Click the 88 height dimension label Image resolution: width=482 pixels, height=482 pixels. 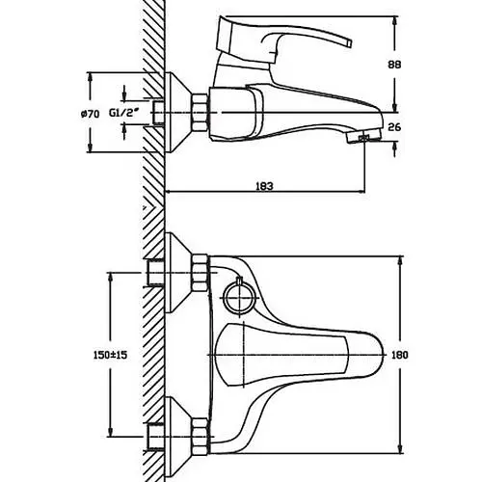pos(394,65)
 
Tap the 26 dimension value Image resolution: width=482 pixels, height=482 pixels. pos(394,127)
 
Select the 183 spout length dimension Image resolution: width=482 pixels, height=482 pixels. pos(264,186)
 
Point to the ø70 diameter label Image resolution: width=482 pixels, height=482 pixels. pos(90,114)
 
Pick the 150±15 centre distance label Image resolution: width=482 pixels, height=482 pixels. pos(110,355)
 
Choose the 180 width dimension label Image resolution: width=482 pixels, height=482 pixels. pos(400,355)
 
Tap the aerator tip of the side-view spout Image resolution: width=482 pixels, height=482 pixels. pos(363,137)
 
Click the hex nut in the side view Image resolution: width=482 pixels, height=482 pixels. pos(200,113)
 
